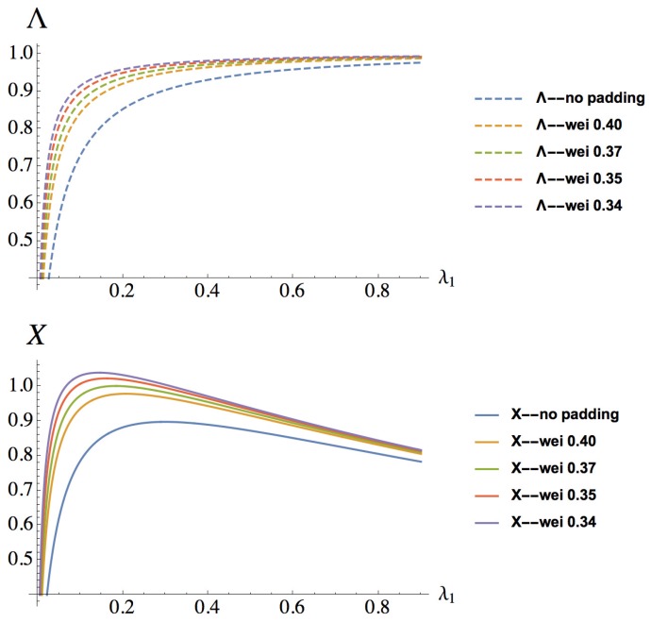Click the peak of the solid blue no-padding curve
click(x=283, y=421)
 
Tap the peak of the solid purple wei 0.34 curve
click(x=139, y=372)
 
